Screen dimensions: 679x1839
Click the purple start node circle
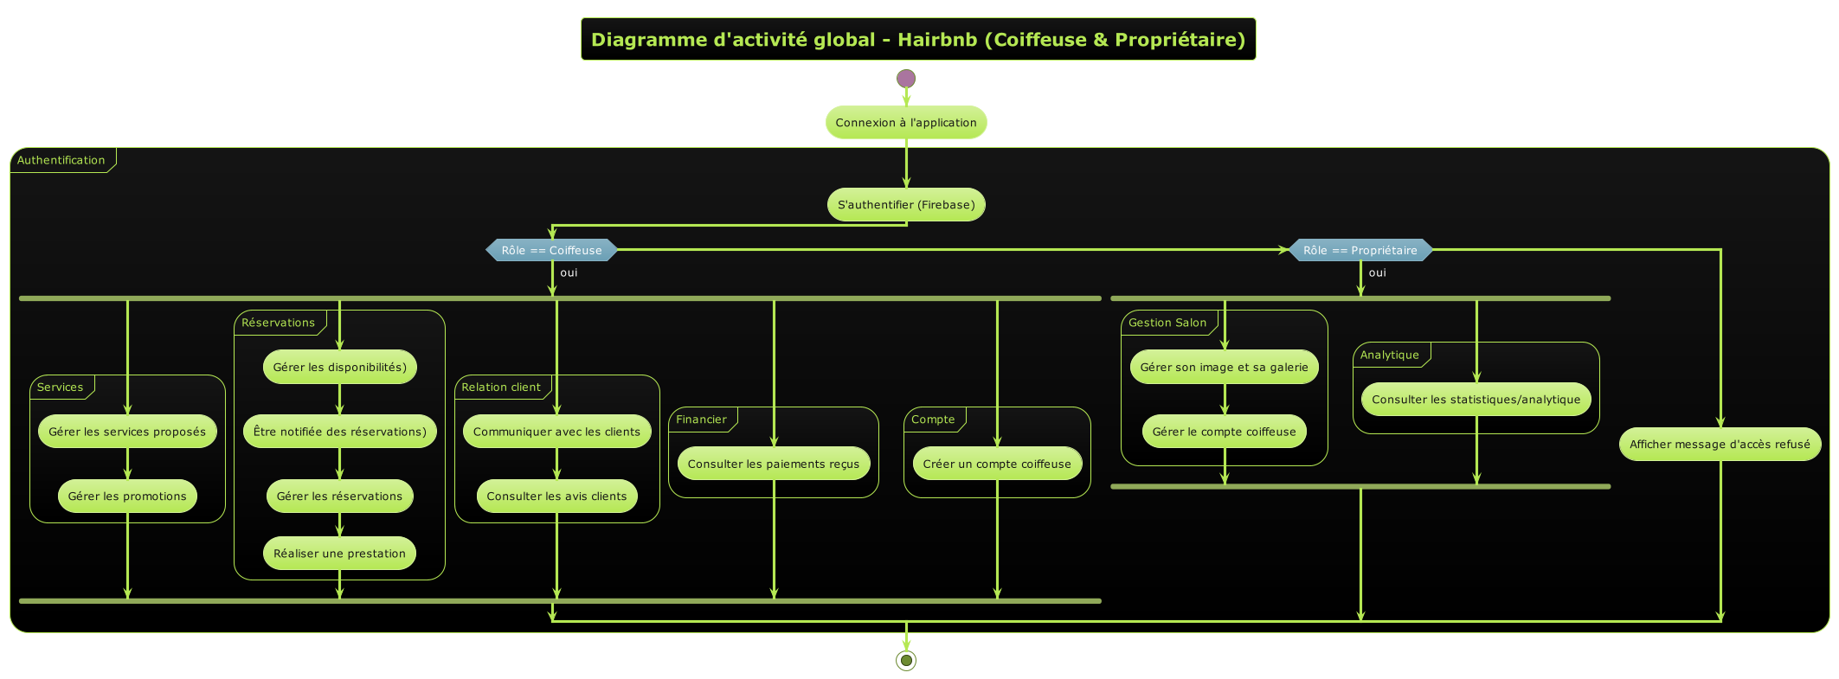(x=906, y=79)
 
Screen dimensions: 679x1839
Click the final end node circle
(x=906, y=661)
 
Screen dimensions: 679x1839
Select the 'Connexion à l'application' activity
(x=906, y=123)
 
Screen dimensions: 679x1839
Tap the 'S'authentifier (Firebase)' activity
(x=906, y=205)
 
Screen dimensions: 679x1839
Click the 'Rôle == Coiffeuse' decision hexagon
(x=552, y=251)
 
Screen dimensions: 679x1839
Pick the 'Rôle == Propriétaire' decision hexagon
(x=1360, y=251)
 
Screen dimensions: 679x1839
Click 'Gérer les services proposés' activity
(x=127, y=432)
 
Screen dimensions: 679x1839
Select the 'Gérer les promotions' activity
(x=127, y=496)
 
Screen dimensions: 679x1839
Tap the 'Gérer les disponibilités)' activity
(x=340, y=367)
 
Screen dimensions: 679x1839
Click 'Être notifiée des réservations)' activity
(x=340, y=432)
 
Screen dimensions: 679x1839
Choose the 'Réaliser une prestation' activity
(x=340, y=554)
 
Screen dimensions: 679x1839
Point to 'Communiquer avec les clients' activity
(x=556, y=432)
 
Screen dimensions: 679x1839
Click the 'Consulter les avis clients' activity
(x=556, y=496)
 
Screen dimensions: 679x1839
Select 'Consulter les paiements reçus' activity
(x=774, y=464)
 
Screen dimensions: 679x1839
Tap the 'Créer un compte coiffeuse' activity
(x=997, y=464)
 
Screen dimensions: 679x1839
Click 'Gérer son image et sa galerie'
(x=1225, y=367)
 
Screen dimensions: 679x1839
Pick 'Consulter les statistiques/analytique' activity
(x=1476, y=400)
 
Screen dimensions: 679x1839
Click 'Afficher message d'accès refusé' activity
(x=1720, y=445)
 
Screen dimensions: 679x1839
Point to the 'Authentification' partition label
(x=61, y=160)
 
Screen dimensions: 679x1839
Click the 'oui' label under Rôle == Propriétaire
(x=1378, y=272)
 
